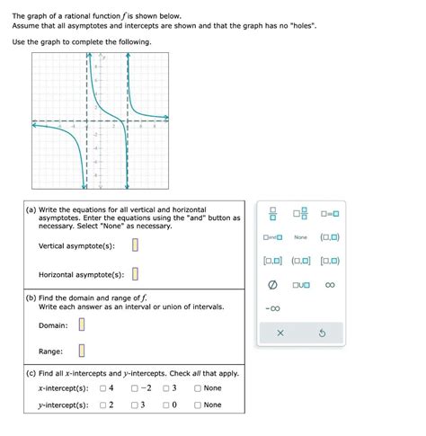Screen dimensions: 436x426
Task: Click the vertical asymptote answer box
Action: click(x=136, y=245)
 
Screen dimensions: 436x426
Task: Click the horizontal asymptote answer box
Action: click(x=136, y=274)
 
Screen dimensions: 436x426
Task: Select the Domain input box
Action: click(x=80, y=325)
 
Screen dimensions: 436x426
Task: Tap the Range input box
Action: click(x=80, y=351)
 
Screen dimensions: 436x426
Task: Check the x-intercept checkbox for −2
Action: click(x=134, y=388)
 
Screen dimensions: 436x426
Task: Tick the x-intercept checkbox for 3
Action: click(x=166, y=388)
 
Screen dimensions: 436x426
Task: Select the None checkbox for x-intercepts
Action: click(x=198, y=388)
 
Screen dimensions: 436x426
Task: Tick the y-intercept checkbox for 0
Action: click(x=166, y=405)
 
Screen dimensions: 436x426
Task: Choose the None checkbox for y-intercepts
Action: click(x=198, y=405)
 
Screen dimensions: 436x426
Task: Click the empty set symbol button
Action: click(x=269, y=285)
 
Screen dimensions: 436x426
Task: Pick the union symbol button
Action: click(x=300, y=285)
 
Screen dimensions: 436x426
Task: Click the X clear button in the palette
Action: click(x=280, y=333)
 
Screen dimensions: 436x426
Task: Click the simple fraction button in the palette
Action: click(x=269, y=214)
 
